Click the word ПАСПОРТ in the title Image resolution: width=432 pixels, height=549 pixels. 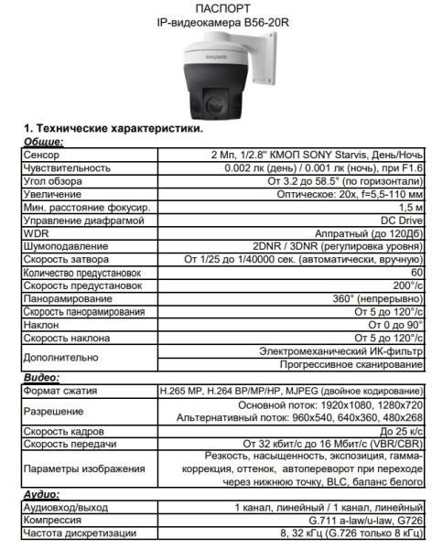pos(215,7)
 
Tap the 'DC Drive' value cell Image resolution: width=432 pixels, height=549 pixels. pos(399,221)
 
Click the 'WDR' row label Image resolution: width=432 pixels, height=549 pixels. pos(33,233)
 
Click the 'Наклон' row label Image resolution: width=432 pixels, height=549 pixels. pos(38,323)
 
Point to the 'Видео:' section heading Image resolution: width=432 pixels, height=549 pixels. pos(40,376)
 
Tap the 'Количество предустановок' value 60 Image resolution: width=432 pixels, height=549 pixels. pos(416,272)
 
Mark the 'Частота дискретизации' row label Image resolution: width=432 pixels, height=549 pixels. pos(70,532)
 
